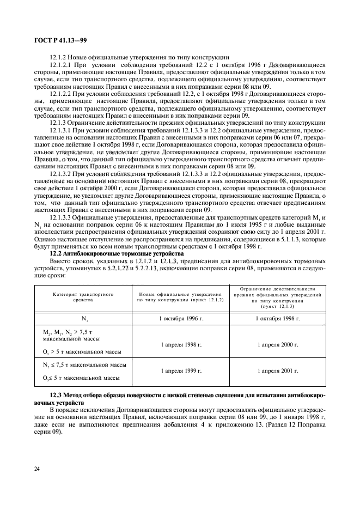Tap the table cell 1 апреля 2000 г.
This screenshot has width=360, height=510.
[277, 344]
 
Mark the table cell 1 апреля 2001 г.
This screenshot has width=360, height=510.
[277, 371]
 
